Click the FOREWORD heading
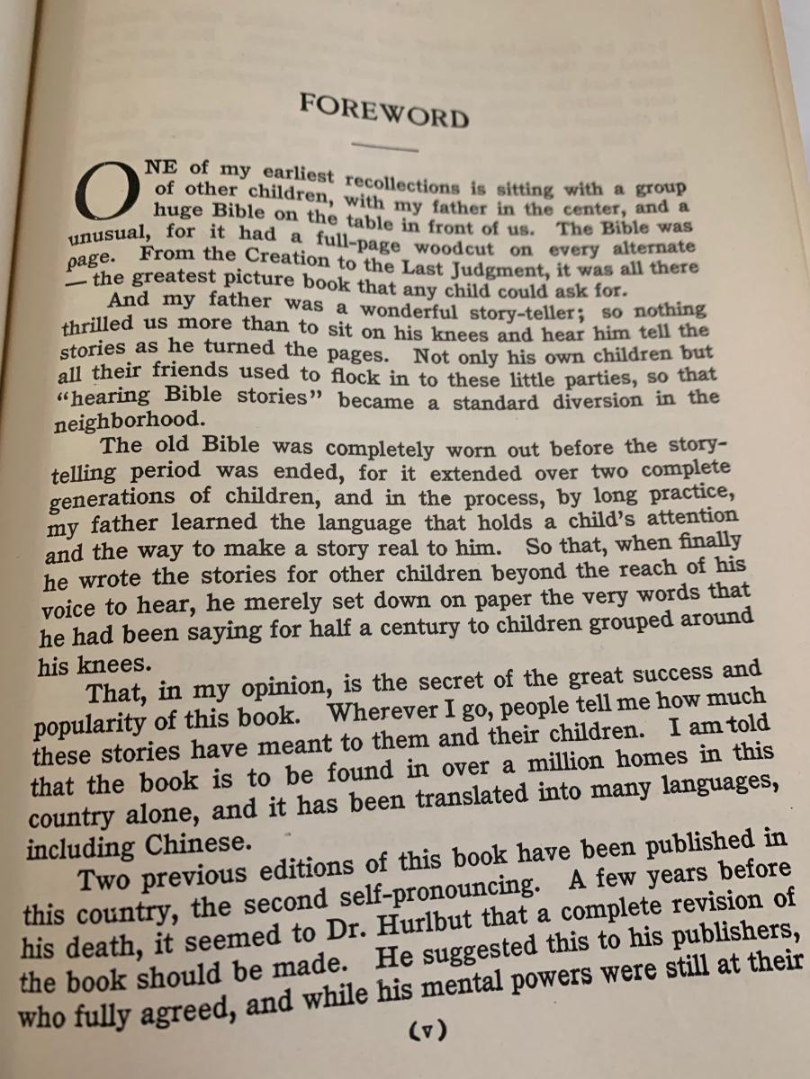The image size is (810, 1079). point(384,111)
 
